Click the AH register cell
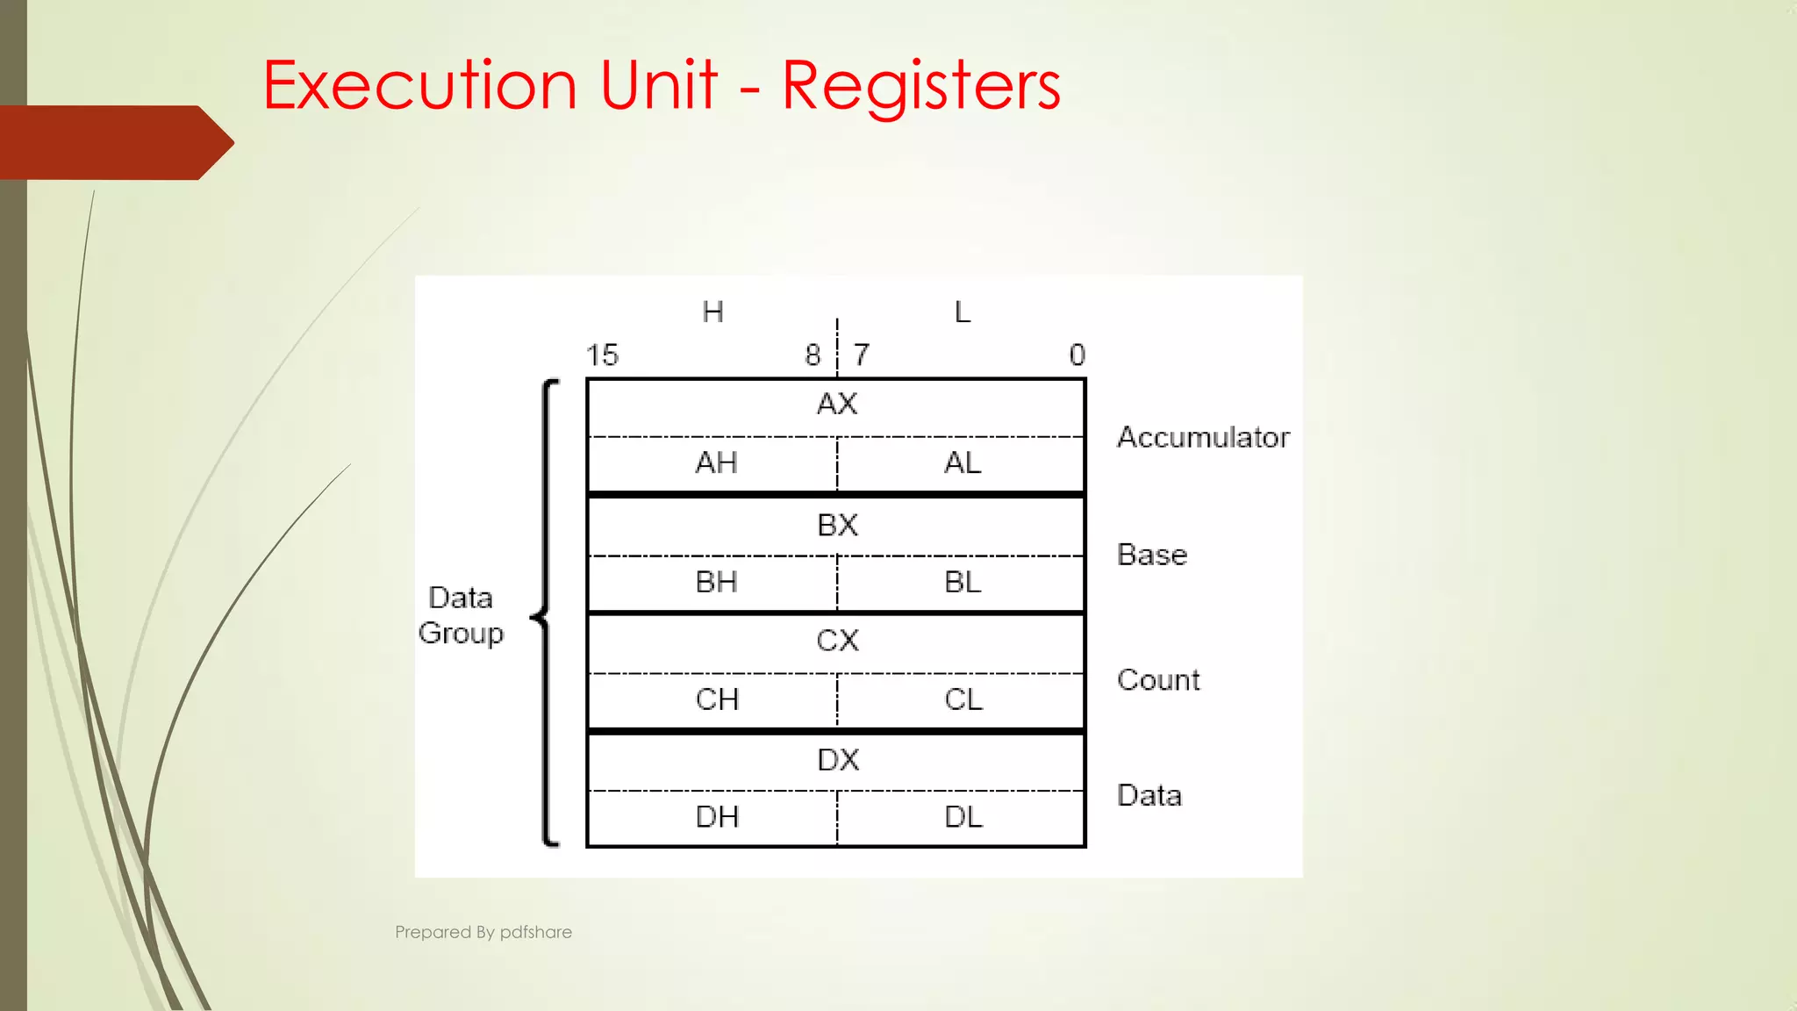pyautogui.click(x=715, y=463)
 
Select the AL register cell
pyautogui.click(x=963, y=463)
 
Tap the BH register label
pyautogui.click(x=715, y=582)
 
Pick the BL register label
pyautogui.click(x=963, y=582)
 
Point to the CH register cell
pyautogui.click(x=716, y=699)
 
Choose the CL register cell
pyautogui.click(x=963, y=699)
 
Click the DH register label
pyautogui.click(x=716, y=817)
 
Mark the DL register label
pyautogui.click(x=963, y=817)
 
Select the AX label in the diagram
pyautogui.click(x=836, y=405)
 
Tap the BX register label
pyautogui.click(x=836, y=525)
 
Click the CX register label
pyautogui.click(x=837, y=641)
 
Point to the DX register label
pyautogui.click(x=838, y=760)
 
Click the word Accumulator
pyautogui.click(x=1203, y=437)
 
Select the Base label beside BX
pyautogui.click(x=1151, y=555)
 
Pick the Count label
pyautogui.click(x=1158, y=680)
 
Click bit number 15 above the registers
pyautogui.click(x=602, y=355)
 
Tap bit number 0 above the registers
pyautogui.click(x=1077, y=355)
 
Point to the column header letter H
pyautogui.click(x=712, y=312)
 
